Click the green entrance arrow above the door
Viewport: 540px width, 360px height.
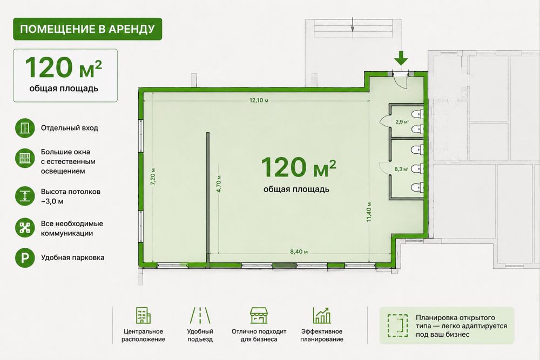(401, 58)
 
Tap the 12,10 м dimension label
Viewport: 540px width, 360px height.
(259, 100)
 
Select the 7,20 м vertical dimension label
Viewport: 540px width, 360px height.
(153, 176)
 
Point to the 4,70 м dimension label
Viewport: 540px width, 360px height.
(219, 184)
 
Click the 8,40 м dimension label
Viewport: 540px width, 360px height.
(299, 252)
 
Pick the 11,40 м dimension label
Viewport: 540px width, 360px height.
(369, 212)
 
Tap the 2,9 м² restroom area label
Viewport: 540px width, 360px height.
(402, 121)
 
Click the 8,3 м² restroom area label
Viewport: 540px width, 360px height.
(401, 169)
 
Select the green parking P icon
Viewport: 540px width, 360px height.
(25, 258)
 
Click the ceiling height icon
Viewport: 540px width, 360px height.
(25, 196)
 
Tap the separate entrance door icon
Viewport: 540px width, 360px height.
(25, 128)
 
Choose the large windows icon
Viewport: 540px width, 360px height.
(25, 158)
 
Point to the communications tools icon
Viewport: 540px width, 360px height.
(25, 227)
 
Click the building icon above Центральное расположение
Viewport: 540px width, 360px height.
(143, 315)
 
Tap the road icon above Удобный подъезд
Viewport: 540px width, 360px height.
(200, 315)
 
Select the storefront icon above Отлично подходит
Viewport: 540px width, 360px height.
(259, 315)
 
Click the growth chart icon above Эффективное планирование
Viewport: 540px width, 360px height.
(322, 315)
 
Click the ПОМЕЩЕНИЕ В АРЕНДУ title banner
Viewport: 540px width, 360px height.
(87, 29)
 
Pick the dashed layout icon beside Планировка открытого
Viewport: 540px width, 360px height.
(398, 325)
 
